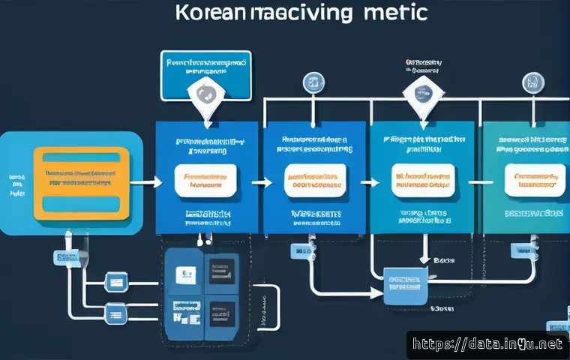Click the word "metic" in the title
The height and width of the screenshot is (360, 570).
[397, 13]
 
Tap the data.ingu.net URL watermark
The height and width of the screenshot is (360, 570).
[488, 345]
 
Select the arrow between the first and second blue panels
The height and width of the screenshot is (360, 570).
[261, 181]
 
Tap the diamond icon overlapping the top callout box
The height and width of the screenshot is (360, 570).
[205, 95]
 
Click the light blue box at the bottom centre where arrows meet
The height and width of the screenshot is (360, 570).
[405, 286]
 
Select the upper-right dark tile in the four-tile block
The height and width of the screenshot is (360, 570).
[220, 272]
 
